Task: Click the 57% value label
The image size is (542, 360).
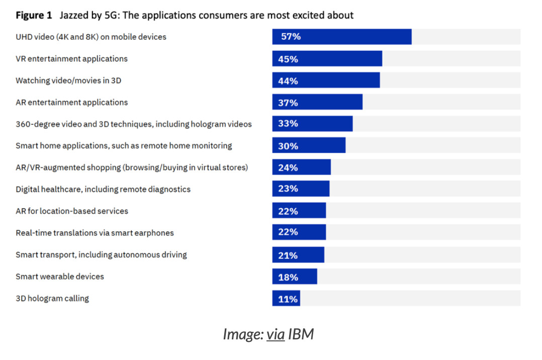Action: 291,37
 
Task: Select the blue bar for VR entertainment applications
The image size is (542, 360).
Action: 327,58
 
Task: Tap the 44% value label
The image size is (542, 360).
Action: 288,81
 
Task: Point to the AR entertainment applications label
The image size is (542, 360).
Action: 71,103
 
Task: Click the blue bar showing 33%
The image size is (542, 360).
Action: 313,124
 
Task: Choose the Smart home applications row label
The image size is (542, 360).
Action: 124,146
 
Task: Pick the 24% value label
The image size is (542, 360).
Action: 288,168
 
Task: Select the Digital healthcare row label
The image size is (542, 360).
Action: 103,189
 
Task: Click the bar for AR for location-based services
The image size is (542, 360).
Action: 299,210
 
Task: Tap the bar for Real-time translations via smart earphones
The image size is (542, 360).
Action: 299,232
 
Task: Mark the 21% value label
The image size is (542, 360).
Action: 288,255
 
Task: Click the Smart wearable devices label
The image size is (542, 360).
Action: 60,277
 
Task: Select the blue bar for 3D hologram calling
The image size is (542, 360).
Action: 286,298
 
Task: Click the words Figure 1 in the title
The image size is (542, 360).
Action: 34,15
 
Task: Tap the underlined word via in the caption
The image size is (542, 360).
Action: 276,334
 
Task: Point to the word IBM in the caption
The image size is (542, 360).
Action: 301,334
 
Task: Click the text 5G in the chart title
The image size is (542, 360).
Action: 112,15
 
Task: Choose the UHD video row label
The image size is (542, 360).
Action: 91,37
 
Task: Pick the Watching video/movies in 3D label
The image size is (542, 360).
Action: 68,80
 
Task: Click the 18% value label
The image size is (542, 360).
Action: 288,278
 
